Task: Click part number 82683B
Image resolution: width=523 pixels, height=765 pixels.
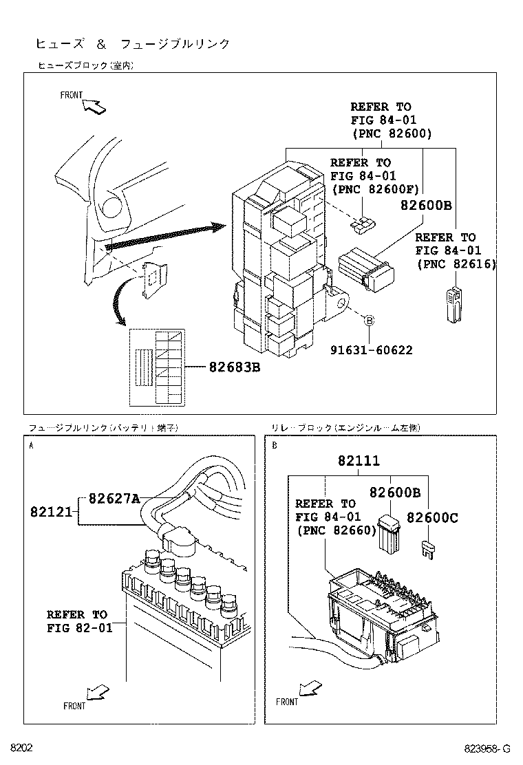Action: coord(235,367)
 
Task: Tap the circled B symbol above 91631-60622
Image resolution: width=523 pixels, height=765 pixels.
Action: coord(368,321)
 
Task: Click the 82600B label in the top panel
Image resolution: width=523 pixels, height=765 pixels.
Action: coord(426,204)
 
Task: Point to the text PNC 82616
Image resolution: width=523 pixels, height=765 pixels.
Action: coord(456,264)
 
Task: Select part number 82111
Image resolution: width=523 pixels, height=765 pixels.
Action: coord(358,462)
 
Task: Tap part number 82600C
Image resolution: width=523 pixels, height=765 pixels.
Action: coord(431,517)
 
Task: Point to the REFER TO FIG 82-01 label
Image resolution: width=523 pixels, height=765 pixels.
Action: coord(77,621)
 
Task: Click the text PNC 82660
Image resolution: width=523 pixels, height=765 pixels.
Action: coord(337,530)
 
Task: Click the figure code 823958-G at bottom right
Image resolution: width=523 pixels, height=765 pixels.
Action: coord(487,749)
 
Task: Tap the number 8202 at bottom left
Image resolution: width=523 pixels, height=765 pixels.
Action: coord(21,748)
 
